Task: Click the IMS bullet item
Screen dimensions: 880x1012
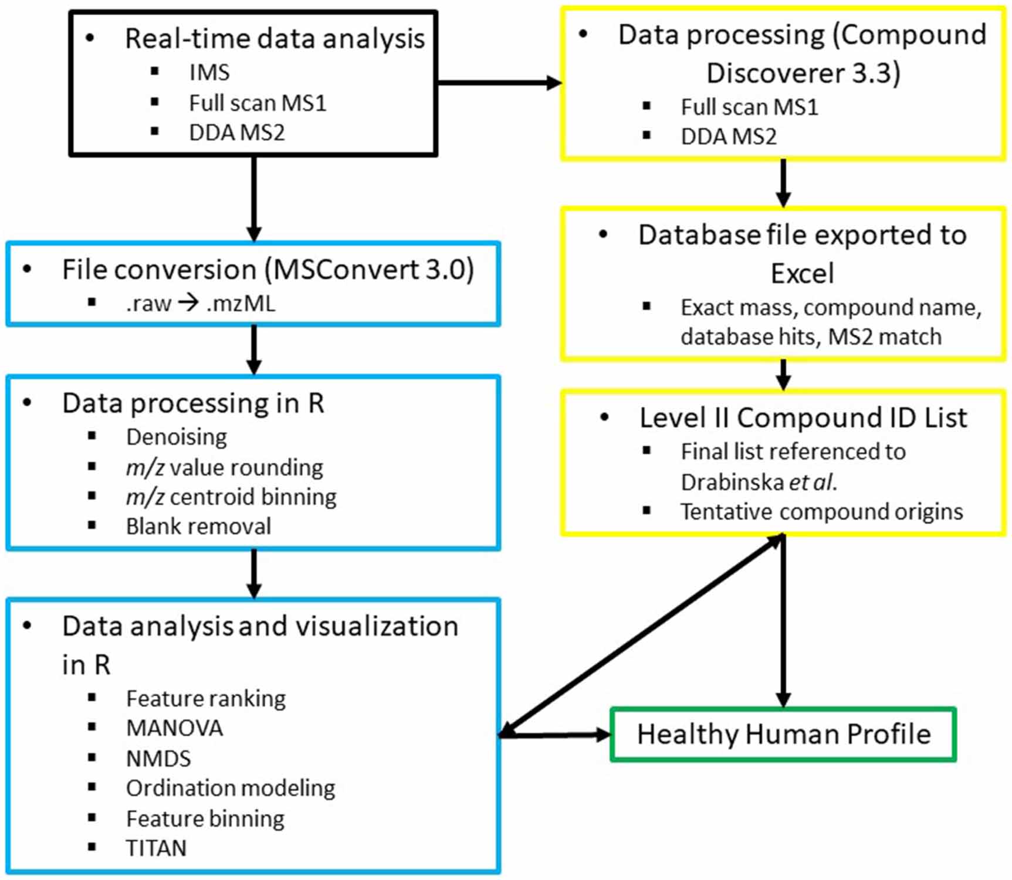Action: [209, 73]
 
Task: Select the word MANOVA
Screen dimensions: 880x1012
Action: [174, 728]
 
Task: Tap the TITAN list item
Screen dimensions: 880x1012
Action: [156, 848]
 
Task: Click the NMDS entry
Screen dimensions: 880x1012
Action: [158, 759]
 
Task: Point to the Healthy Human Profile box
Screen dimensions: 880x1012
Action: [783, 735]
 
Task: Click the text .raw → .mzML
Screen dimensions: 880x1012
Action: [200, 304]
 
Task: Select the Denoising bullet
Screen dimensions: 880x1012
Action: [177, 437]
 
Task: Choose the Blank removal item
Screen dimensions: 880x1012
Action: [198, 526]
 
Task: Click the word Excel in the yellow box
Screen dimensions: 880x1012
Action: [802, 274]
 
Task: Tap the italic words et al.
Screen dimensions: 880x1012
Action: [813, 482]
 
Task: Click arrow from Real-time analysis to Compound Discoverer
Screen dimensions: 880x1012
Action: [499, 83]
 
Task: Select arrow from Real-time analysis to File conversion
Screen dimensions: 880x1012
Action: [253, 199]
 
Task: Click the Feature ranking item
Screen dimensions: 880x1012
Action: [206, 699]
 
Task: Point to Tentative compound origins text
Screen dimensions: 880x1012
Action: [821, 512]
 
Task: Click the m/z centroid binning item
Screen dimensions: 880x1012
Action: [231, 497]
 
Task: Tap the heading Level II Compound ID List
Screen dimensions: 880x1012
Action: [803, 418]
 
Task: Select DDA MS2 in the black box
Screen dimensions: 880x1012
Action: [236, 133]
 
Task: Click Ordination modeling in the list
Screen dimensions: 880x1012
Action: [231, 789]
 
